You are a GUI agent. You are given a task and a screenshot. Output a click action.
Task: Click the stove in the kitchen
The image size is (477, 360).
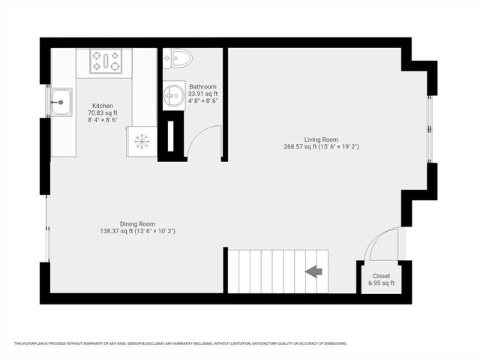point(106,61)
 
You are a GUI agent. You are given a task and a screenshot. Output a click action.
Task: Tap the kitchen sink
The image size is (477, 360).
point(61,101)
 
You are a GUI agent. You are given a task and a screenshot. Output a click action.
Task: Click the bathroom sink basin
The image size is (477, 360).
point(174,94)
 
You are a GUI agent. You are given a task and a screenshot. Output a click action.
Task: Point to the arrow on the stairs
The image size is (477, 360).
point(313,271)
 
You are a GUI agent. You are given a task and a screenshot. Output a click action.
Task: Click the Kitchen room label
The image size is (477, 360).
point(103,106)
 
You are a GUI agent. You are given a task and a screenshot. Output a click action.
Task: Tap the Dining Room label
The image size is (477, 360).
point(137,223)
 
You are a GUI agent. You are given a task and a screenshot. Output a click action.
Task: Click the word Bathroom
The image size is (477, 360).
point(202,87)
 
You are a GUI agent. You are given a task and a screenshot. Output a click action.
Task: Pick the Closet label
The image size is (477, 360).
point(382,276)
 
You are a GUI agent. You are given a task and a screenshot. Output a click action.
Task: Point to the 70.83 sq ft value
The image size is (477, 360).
point(103,112)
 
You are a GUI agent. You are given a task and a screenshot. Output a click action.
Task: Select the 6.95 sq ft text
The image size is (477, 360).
point(382,283)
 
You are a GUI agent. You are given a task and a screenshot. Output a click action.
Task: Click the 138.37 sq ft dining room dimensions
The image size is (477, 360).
point(137,231)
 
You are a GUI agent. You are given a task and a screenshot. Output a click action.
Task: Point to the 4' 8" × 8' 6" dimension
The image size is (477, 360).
point(202,100)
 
